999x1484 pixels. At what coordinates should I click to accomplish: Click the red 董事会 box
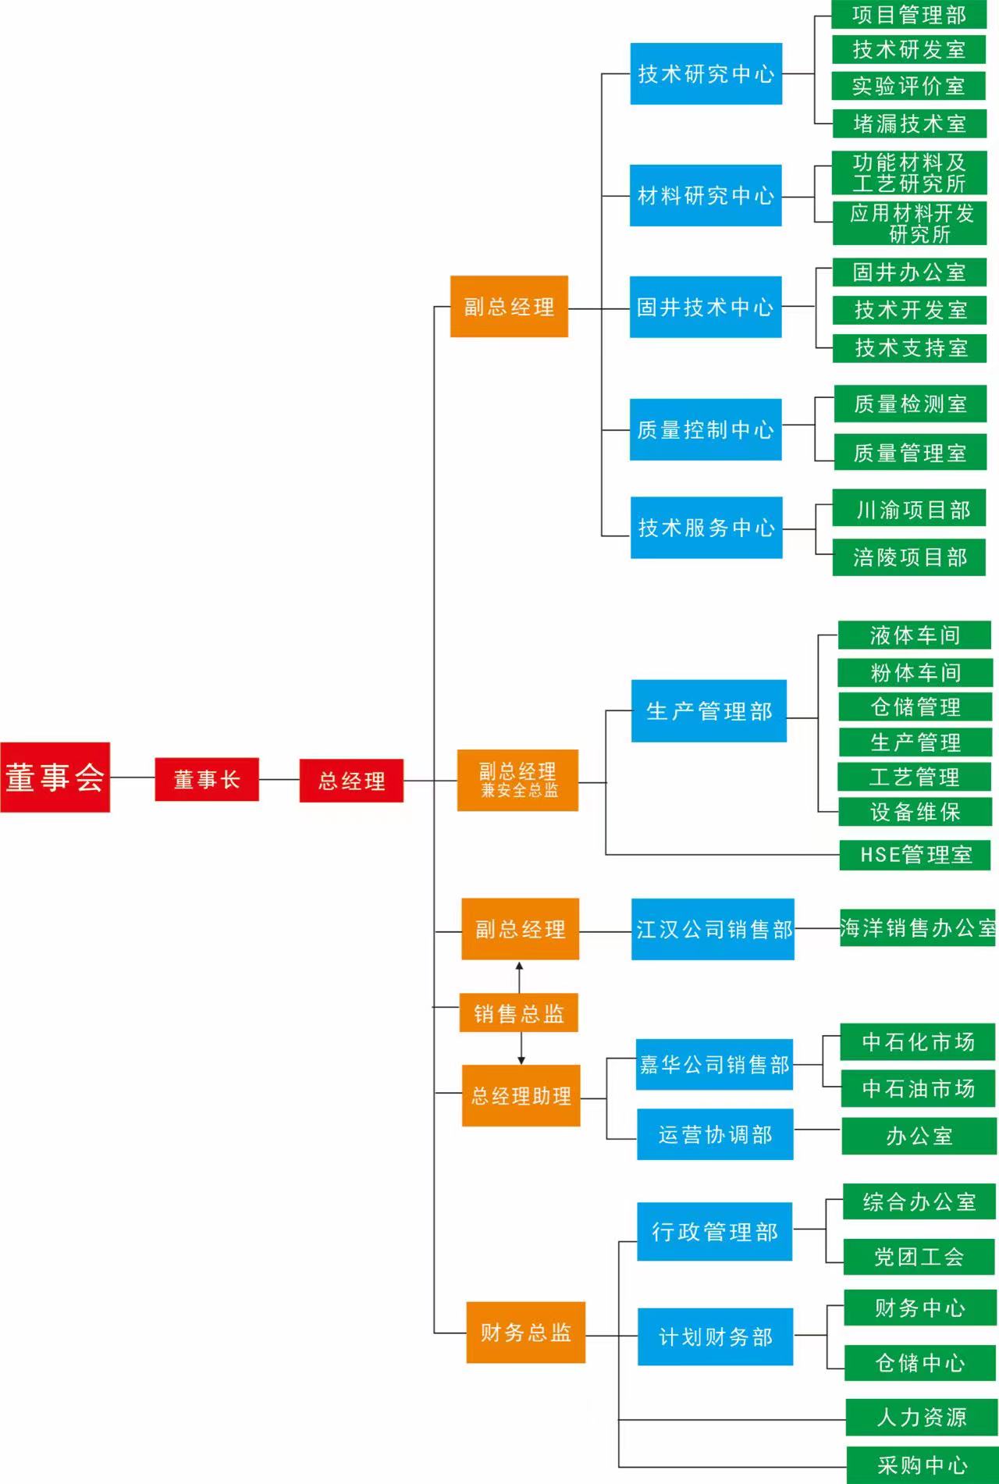click(x=55, y=777)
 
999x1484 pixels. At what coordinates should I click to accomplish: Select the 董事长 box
click(x=207, y=779)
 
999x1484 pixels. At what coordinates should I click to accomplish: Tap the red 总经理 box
click(x=351, y=781)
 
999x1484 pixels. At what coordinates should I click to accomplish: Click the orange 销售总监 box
click(x=518, y=1012)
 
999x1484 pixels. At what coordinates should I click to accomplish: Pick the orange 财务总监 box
click(x=525, y=1332)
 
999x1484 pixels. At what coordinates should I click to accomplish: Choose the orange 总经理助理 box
click(x=521, y=1095)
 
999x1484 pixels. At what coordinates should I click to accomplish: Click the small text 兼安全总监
click(x=519, y=791)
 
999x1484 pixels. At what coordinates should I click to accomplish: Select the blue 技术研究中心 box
click(x=706, y=73)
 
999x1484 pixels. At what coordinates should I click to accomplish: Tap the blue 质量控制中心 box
click(x=706, y=429)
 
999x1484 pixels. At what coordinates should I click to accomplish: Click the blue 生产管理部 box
click(x=709, y=710)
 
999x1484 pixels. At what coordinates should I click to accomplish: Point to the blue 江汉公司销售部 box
click(x=713, y=929)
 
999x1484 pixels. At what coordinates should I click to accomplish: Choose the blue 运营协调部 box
click(x=715, y=1134)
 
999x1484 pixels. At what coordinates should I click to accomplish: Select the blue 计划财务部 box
click(x=715, y=1336)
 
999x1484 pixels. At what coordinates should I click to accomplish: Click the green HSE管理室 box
click(x=915, y=855)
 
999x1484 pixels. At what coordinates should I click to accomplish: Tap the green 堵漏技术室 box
click(x=909, y=123)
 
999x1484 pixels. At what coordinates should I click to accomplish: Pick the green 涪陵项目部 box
click(x=909, y=557)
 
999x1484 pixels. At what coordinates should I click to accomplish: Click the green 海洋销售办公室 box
click(x=918, y=927)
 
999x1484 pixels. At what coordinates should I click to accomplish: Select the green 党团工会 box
click(x=919, y=1256)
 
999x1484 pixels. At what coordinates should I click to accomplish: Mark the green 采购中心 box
click(x=922, y=1464)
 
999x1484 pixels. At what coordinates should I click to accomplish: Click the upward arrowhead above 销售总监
click(x=520, y=966)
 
